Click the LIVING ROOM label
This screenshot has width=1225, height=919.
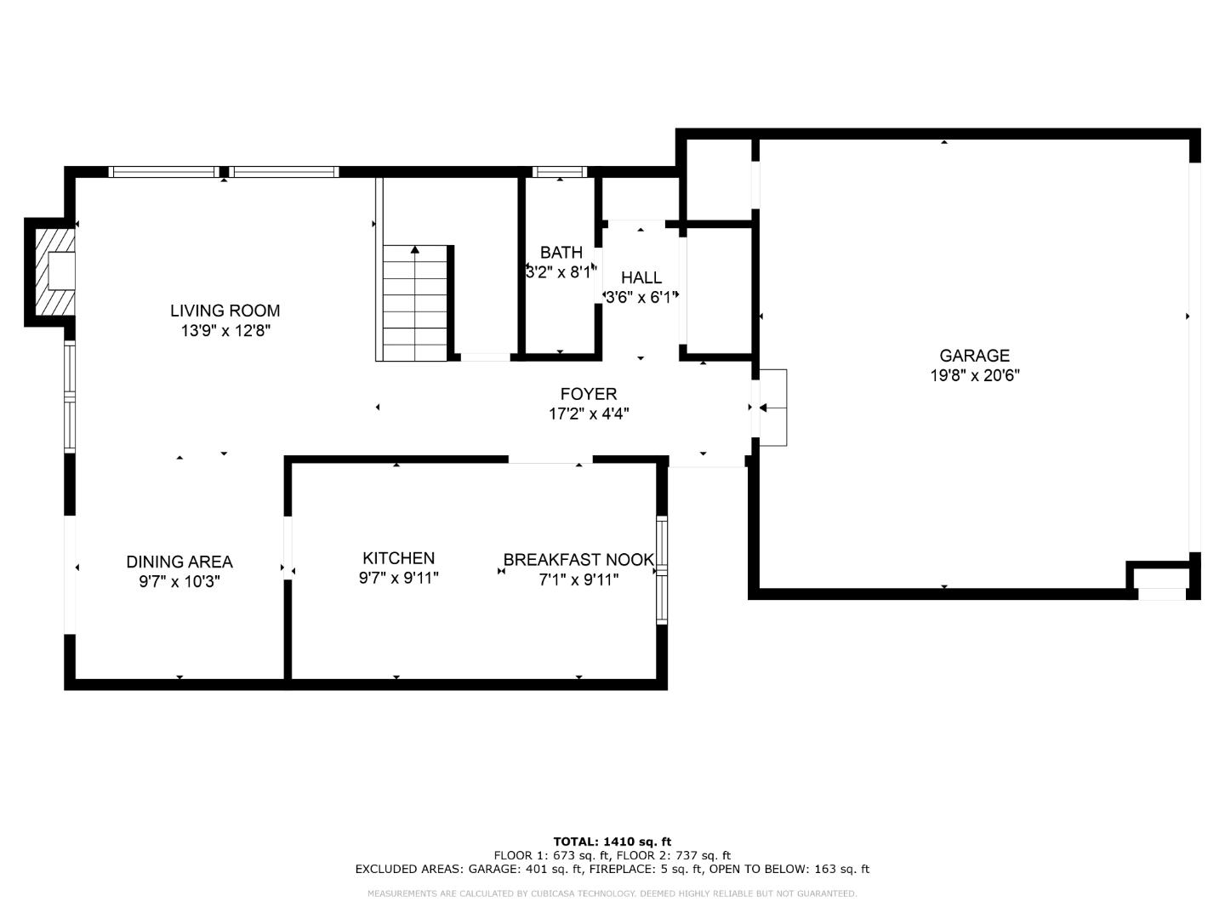pyautogui.click(x=225, y=311)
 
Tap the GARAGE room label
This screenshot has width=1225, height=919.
pyautogui.click(x=974, y=356)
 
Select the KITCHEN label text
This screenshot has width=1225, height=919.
pyautogui.click(x=398, y=558)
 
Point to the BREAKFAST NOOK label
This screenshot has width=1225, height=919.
pyautogui.click(x=578, y=560)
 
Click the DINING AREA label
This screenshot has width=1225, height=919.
pyautogui.click(x=179, y=562)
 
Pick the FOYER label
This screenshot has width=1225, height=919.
pyautogui.click(x=589, y=394)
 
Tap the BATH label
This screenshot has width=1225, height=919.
pyautogui.click(x=561, y=253)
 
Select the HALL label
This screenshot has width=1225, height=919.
pyautogui.click(x=641, y=277)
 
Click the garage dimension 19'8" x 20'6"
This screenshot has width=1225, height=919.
pyautogui.click(x=974, y=375)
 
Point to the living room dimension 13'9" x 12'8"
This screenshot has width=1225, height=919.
pyautogui.click(x=225, y=331)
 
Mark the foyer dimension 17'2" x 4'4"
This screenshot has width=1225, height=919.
pyautogui.click(x=589, y=414)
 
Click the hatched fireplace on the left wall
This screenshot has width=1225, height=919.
pyautogui.click(x=51, y=272)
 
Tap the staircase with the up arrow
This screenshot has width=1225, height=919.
pyautogui.click(x=414, y=302)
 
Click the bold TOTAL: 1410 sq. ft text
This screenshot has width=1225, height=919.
pyautogui.click(x=612, y=842)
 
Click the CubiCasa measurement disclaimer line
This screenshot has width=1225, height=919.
pyautogui.click(x=612, y=893)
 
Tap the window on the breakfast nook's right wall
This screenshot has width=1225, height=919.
pyautogui.click(x=662, y=570)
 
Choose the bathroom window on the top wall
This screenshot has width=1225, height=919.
pyautogui.click(x=560, y=172)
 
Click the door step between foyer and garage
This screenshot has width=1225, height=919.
pyautogui.click(x=773, y=408)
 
